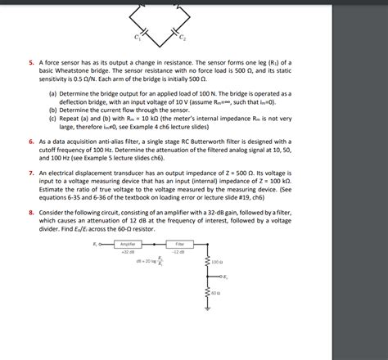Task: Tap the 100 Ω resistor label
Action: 216,262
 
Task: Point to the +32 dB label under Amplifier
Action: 127,252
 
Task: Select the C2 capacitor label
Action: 183,38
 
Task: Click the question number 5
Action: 30,61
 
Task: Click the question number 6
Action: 30,141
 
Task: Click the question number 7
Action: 30,173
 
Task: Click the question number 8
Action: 30,211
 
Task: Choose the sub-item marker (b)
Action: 52,109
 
